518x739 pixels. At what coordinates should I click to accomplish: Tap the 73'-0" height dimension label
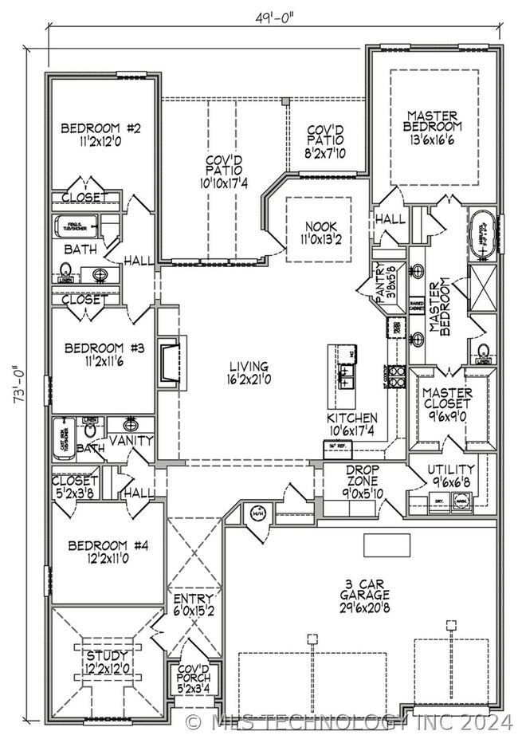pos(18,386)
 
